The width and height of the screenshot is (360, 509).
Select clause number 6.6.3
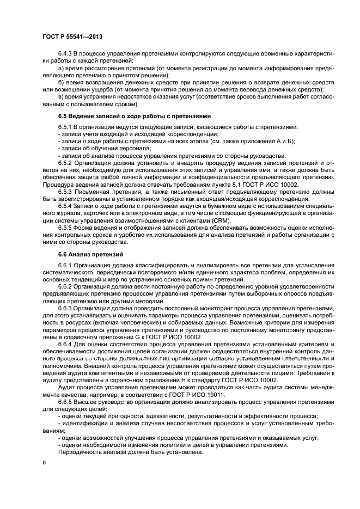click(66, 308)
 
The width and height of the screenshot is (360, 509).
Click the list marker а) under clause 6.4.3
click(62, 69)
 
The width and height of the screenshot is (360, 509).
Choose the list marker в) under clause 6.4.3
click(62, 96)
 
